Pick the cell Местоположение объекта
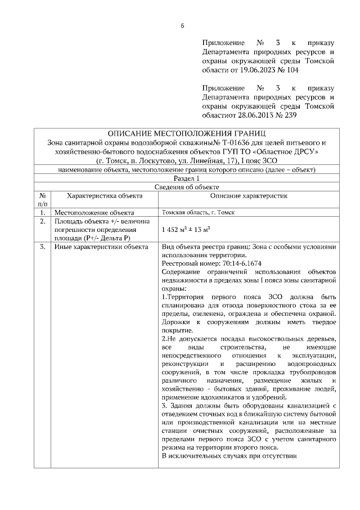click(94, 213)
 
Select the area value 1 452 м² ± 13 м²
click(186, 230)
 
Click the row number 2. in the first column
click(43, 222)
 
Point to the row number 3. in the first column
click(43, 247)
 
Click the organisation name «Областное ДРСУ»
click(287, 152)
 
